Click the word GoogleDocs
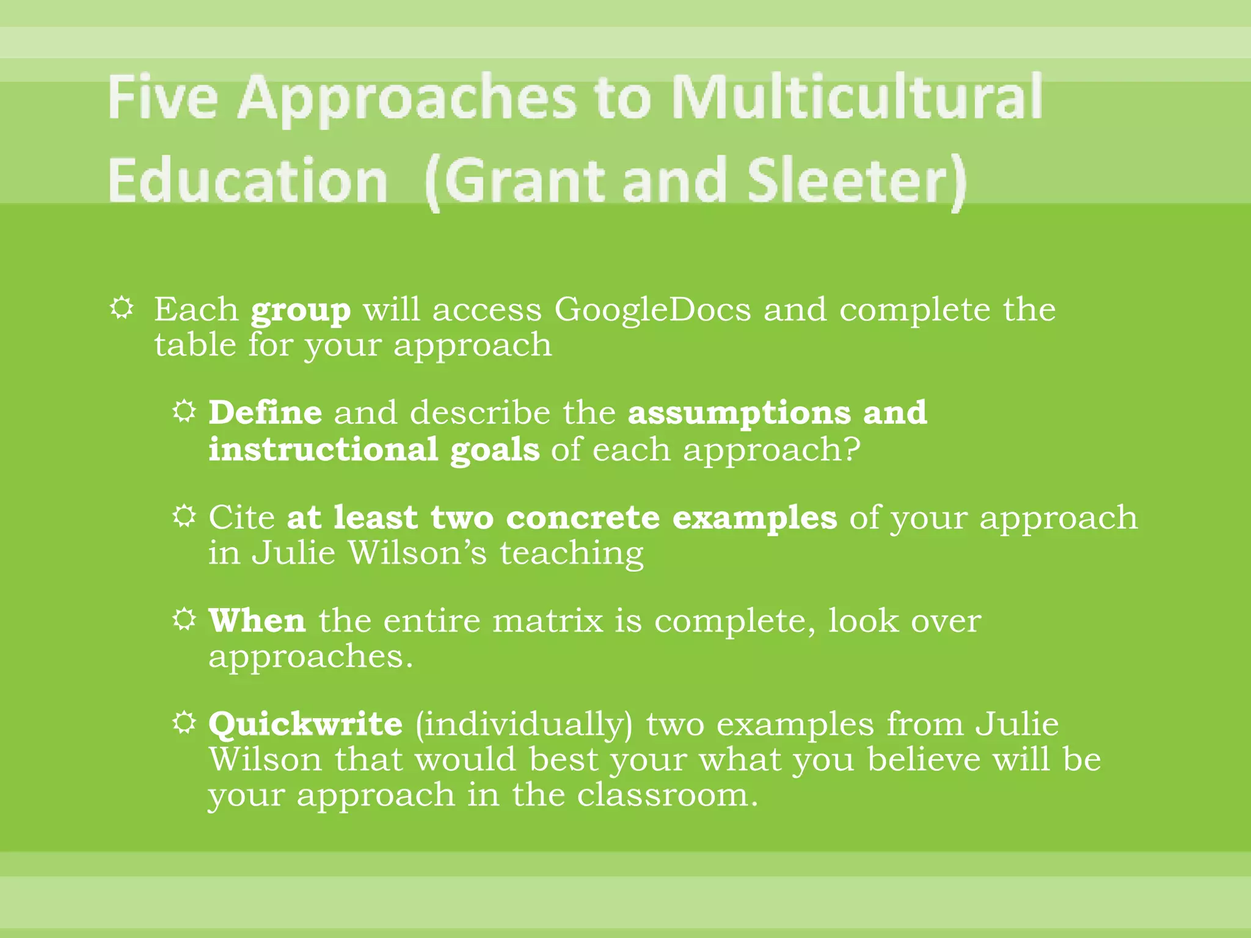point(652,310)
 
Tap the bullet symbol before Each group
point(122,308)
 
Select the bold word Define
point(265,412)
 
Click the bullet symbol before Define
point(184,411)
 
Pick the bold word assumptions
point(739,413)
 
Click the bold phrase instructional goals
point(374,450)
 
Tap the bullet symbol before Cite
point(184,516)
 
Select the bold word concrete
point(583,518)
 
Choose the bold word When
point(257,621)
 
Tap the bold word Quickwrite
point(305,725)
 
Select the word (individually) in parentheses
point(524,725)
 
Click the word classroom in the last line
point(666,795)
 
